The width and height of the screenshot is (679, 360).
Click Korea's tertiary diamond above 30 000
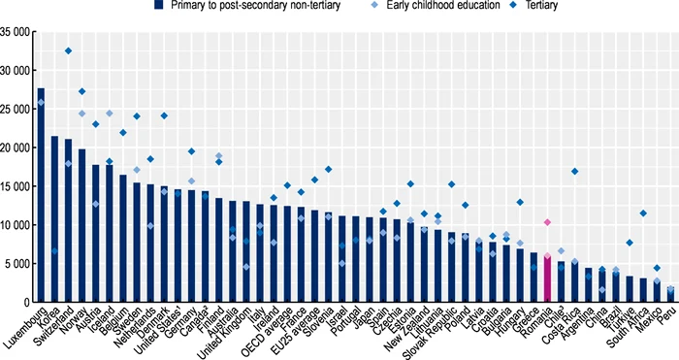(x=68, y=50)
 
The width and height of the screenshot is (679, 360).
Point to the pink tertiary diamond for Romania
(x=547, y=222)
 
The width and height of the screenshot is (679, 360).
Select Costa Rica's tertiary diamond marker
(x=574, y=172)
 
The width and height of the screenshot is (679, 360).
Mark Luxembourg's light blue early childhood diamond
(x=41, y=102)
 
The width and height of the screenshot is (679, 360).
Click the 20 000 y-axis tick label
(x=16, y=147)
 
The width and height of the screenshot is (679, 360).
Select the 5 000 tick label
(x=19, y=264)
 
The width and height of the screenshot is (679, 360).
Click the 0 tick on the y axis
(x=29, y=303)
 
